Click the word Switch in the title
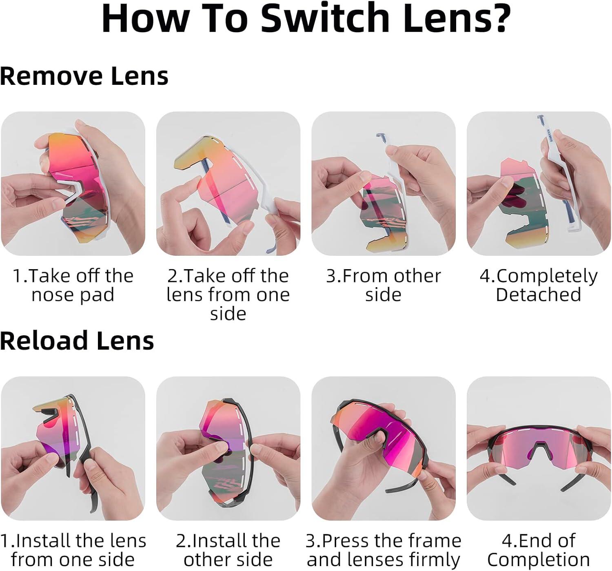325,18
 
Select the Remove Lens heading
84,76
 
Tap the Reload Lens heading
77,341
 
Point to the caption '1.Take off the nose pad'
73,285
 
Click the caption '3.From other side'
384,285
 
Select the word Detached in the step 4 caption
538,294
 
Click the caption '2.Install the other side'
228,550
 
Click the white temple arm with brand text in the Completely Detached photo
558,173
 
